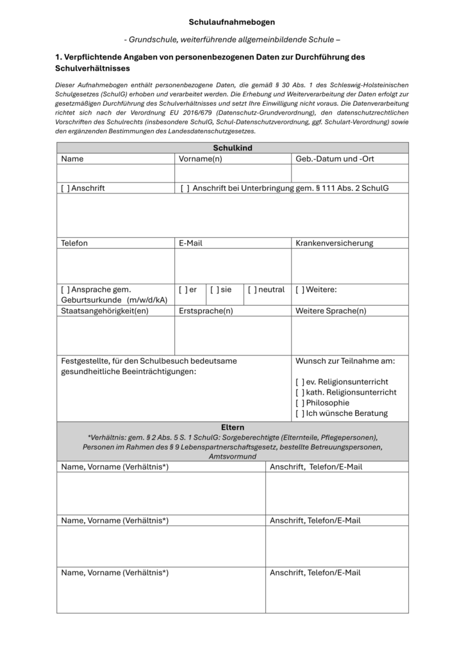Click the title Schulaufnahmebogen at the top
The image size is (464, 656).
(232, 22)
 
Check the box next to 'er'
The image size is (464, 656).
(183, 290)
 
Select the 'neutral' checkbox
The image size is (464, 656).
(252, 290)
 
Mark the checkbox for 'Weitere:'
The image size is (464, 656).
(299, 290)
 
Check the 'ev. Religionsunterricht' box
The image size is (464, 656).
(299, 382)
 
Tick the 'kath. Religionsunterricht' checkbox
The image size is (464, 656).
(299, 392)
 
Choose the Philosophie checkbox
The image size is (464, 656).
(299, 403)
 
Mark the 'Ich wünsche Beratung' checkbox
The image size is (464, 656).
(299, 414)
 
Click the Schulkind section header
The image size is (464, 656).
(232, 148)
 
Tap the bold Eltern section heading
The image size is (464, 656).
(232, 427)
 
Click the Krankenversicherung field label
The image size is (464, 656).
(334, 243)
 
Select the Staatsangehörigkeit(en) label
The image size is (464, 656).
(104, 311)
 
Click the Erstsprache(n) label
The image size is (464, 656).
(205, 311)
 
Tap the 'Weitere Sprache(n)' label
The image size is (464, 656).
(331, 311)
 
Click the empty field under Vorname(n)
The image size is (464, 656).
(233, 174)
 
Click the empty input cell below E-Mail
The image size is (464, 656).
(233, 266)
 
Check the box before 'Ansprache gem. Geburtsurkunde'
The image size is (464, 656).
(65, 290)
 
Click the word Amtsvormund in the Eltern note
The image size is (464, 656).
(232, 456)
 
